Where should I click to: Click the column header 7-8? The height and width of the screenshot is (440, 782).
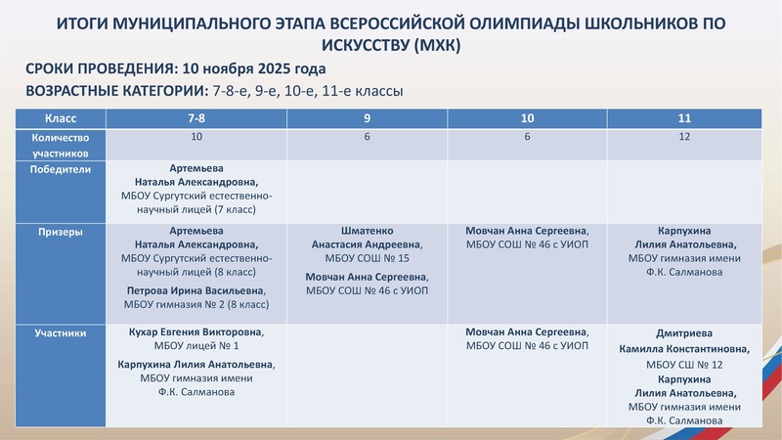[x=196, y=118]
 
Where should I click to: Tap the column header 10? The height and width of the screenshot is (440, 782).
[x=527, y=118]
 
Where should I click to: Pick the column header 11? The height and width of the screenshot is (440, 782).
[x=684, y=118]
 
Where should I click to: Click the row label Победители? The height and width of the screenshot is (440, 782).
[x=62, y=168]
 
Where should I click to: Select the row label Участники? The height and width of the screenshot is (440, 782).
[x=61, y=332]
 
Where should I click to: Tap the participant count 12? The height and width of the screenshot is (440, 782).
[x=684, y=137]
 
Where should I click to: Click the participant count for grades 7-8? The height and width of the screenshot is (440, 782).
[x=196, y=137]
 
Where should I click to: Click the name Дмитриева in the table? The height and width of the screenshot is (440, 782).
[x=684, y=332]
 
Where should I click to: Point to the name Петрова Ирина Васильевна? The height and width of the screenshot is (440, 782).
[x=195, y=291]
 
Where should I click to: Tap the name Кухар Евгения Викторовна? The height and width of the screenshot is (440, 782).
[x=196, y=332]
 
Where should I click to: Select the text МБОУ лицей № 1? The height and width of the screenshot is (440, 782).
[x=196, y=346]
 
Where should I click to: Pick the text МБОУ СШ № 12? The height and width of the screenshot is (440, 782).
[x=684, y=364]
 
